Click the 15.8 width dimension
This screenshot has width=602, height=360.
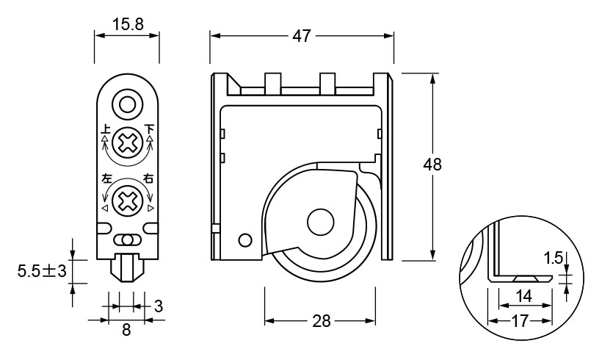click(x=127, y=24)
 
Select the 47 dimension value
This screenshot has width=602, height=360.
click(x=302, y=35)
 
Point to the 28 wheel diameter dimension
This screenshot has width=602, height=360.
click(x=321, y=321)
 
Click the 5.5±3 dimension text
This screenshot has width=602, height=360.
click(x=42, y=271)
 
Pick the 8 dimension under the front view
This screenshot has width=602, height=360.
click(x=126, y=330)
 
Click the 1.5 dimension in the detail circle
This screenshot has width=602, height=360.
click(x=554, y=258)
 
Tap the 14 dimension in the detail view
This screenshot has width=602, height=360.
click(x=523, y=296)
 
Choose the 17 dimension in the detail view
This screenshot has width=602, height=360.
click(x=521, y=321)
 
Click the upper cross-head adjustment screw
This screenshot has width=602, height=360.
click(x=128, y=141)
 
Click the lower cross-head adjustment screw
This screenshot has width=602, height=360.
click(x=128, y=199)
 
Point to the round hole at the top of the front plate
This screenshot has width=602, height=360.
click(x=128, y=104)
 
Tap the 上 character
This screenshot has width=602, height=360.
click(x=106, y=129)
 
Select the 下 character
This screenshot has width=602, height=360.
click(x=150, y=129)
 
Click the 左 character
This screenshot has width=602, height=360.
click(x=106, y=179)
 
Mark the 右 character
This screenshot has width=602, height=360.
click(x=150, y=179)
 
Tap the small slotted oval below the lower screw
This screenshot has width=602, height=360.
click(x=128, y=240)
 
